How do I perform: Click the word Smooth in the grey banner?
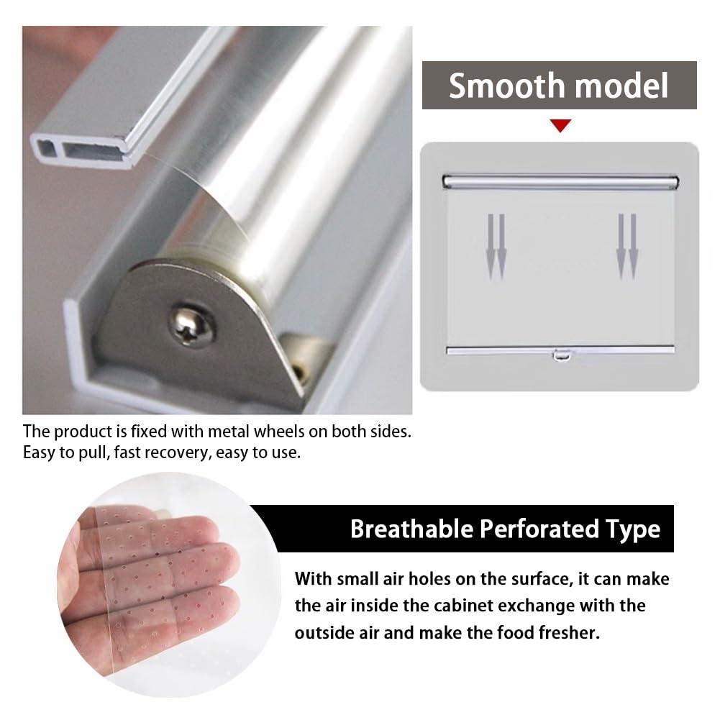pyautogui.click(x=506, y=86)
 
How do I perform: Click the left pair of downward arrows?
pyautogui.click(x=496, y=247)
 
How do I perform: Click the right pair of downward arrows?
pyautogui.click(x=626, y=247)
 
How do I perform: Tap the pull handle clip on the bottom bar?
pyautogui.click(x=562, y=355)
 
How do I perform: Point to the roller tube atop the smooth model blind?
pyautogui.click(x=560, y=182)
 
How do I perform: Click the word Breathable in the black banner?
pyautogui.click(x=411, y=529)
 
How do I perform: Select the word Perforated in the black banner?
pyautogui.click(x=539, y=529)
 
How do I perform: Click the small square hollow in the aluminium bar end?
pyautogui.click(x=45, y=148)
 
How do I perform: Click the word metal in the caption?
pyautogui.click(x=229, y=432)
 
